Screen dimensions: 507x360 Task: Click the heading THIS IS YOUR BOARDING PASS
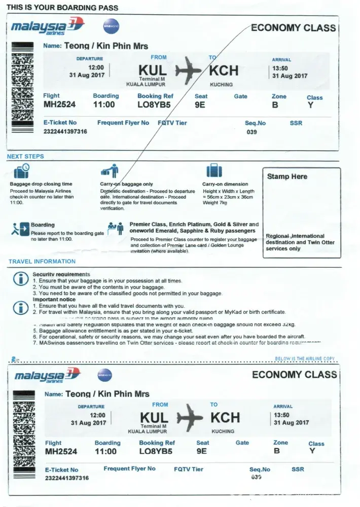62,8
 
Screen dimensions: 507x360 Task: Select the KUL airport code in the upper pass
152,70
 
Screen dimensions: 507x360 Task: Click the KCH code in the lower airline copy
225,417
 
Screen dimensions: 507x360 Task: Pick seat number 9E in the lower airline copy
202,451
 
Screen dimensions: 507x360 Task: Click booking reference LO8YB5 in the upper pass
155,105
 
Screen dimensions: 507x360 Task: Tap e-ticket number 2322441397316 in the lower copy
67,478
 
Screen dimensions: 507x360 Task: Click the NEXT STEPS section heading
25,157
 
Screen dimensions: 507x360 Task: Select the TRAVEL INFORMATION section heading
42,262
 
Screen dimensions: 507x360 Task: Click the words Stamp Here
287,177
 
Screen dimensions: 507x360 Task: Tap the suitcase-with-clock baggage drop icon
22,171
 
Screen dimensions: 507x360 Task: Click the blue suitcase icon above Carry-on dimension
211,171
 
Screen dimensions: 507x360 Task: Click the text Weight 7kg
215,203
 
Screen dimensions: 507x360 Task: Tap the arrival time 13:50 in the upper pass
280,68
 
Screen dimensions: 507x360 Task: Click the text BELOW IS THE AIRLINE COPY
305,358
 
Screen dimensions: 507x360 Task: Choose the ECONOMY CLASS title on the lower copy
294,375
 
